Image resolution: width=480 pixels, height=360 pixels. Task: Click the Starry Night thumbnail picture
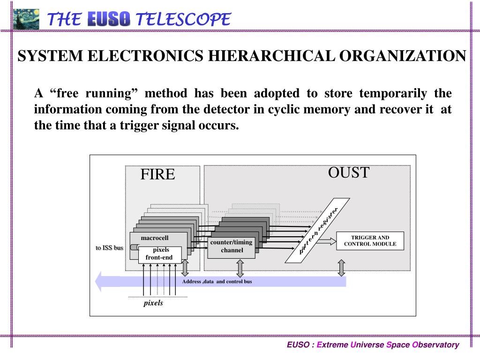(26, 19)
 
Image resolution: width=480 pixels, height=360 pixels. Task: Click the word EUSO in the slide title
(109, 19)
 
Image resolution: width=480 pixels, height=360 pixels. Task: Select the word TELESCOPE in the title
(183, 19)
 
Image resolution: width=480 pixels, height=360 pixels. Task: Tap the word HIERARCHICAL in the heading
(272, 56)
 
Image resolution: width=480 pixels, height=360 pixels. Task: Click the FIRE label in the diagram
(157, 174)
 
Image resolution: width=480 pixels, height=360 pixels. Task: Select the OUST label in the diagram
(348, 172)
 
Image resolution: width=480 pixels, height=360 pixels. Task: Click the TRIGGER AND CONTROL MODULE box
(370, 240)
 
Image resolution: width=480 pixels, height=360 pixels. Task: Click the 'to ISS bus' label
(109, 247)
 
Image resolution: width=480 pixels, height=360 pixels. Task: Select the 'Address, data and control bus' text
(217, 282)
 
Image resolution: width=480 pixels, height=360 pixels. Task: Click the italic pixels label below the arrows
(153, 303)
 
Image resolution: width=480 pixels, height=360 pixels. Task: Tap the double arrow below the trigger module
(341, 267)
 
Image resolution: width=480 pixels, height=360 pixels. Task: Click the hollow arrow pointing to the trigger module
(327, 241)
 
